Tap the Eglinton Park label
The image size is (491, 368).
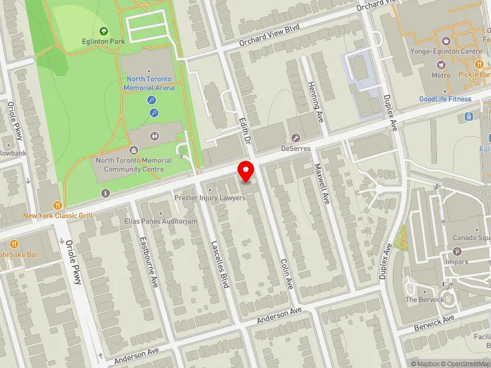coord(103,42)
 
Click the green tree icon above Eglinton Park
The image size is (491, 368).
coord(103,31)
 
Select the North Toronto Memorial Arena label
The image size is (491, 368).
coord(150,83)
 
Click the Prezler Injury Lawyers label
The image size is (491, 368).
coord(210,198)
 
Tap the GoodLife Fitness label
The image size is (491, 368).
coord(445,99)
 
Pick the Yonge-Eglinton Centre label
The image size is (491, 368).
coord(445,52)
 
